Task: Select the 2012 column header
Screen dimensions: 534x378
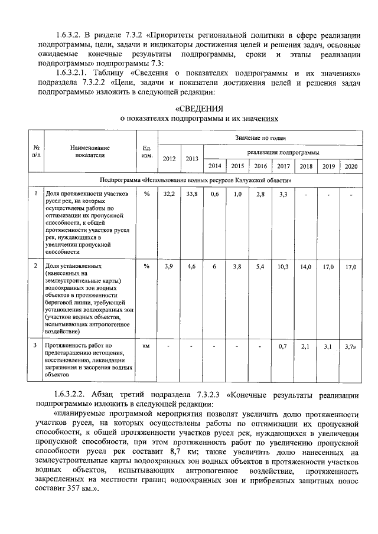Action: [169, 159]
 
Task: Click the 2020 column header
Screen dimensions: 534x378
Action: [351, 166]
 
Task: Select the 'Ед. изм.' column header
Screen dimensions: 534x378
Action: [147, 152]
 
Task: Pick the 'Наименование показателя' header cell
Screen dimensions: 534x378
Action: [89, 152]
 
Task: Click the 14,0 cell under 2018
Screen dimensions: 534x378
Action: [305, 267]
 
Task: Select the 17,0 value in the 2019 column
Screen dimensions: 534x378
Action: [328, 267]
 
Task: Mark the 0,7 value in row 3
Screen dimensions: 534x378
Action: [283, 346]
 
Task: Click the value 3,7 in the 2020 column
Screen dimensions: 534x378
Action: [350, 346]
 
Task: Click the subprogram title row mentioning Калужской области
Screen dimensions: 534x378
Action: [195, 179]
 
